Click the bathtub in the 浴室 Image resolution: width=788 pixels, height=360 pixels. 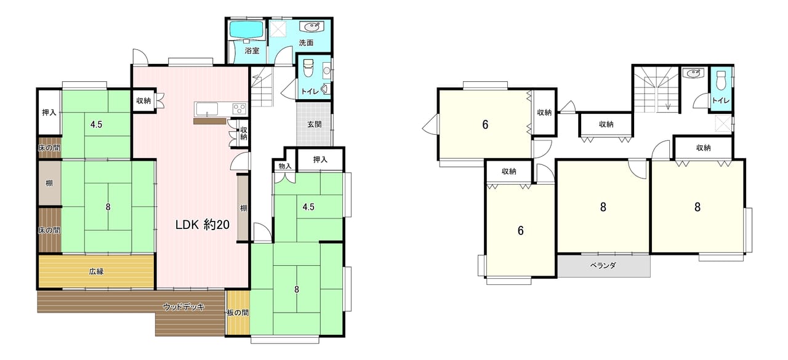pyautogui.click(x=247, y=30)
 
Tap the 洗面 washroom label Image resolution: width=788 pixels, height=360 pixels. pyautogui.click(x=306, y=43)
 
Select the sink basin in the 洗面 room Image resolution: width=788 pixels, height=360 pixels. pyautogui.click(x=311, y=26)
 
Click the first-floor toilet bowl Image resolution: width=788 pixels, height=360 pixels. pyautogui.click(x=308, y=68)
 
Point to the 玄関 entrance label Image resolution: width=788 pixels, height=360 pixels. pyautogui.click(x=314, y=124)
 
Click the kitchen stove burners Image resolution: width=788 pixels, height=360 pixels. pyautogui.click(x=240, y=108)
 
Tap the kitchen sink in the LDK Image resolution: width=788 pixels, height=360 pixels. pyautogui.click(x=207, y=109)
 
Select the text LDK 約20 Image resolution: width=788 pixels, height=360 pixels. pyautogui.click(x=203, y=225)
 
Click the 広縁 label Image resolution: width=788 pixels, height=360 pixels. pyautogui.click(x=96, y=271)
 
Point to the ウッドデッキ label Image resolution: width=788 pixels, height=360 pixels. pyautogui.click(x=183, y=306)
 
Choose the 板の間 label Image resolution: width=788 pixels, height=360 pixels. pyautogui.click(x=238, y=313)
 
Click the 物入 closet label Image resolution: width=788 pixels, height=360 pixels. pyautogui.click(x=285, y=166)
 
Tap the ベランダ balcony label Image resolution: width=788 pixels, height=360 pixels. pyautogui.click(x=603, y=265)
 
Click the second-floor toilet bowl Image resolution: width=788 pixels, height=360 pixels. pyautogui.click(x=721, y=80)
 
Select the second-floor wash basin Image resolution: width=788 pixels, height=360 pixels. pyautogui.click(x=693, y=73)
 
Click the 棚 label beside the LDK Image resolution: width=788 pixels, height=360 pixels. pyautogui.click(x=243, y=208)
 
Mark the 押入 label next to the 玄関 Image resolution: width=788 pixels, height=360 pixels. pyautogui.click(x=320, y=159)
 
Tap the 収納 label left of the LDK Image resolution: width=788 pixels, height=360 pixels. pyautogui.click(x=143, y=101)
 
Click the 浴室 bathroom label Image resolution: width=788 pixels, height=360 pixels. pyautogui.click(x=252, y=50)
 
